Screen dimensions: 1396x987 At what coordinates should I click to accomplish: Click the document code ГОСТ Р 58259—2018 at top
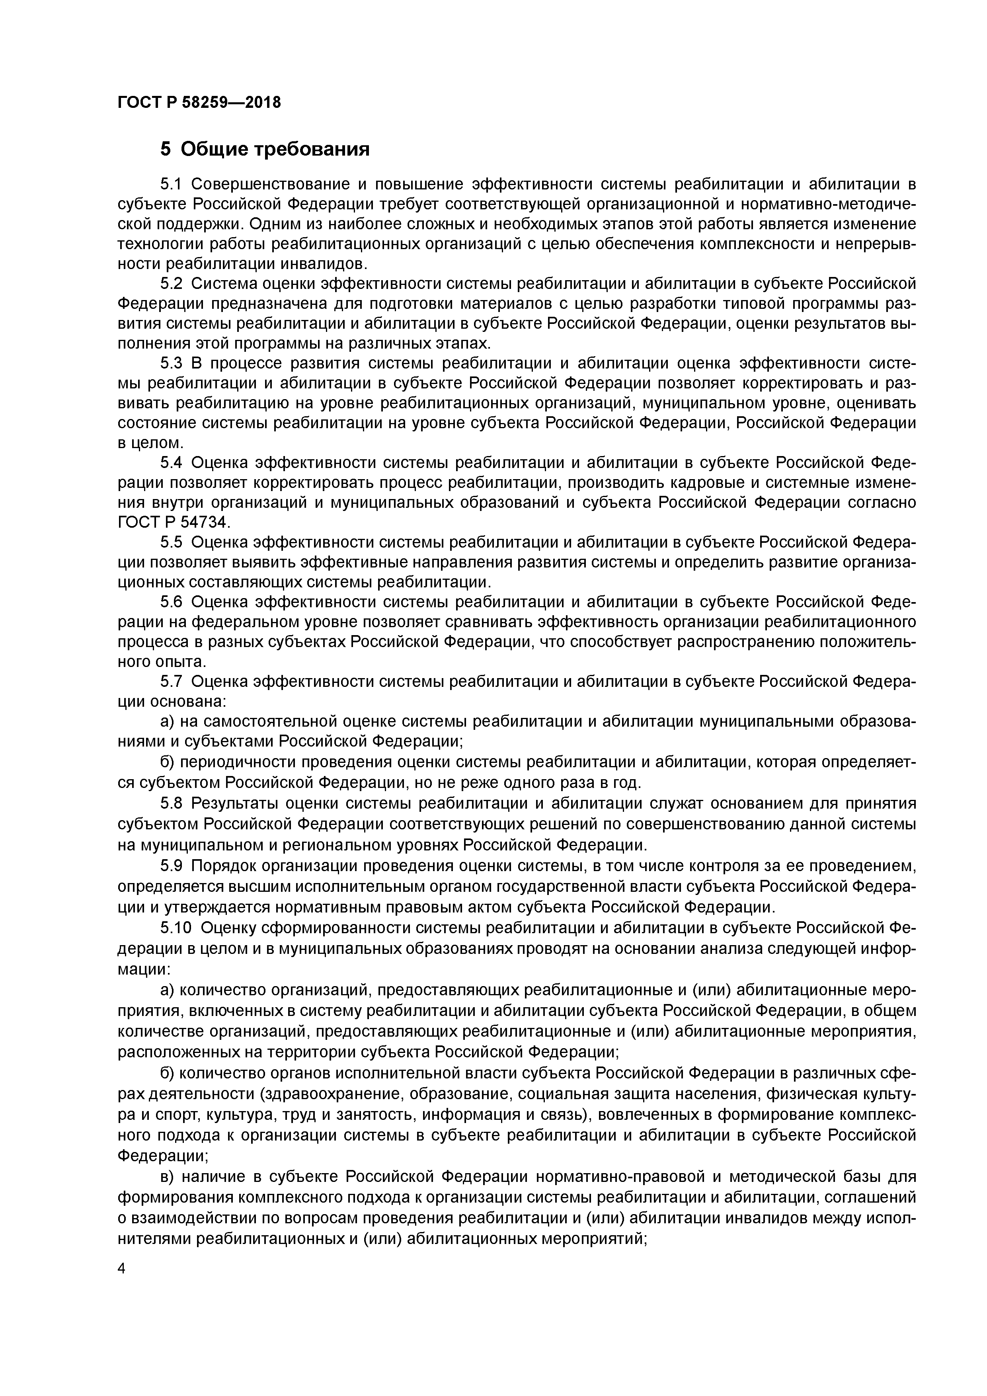pyautogui.click(x=199, y=102)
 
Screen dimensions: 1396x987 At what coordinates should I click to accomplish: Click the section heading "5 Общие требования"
pyautogui.click(x=265, y=149)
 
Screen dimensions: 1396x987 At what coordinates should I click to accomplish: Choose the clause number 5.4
pyautogui.click(x=172, y=463)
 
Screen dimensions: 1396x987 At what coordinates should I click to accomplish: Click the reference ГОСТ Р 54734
pyautogui.click(x=170, y=522)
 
